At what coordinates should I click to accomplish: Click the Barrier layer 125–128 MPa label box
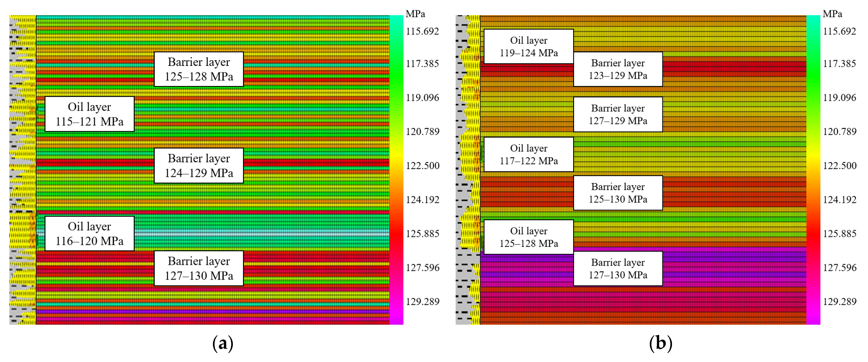(199, 69)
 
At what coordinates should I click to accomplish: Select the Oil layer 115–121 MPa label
(89, 114)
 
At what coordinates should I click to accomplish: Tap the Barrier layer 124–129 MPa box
(199, 165)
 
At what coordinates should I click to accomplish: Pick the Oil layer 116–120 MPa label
(89, 234)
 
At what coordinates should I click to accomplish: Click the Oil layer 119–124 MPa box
(528, 46)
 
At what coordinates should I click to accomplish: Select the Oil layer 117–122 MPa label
(528, 154)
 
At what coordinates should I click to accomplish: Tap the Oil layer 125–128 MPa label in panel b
(528, 237)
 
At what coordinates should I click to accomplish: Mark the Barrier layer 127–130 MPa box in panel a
(199, 268)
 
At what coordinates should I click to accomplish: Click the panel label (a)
(222, 343)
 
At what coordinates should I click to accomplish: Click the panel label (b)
(661, 343)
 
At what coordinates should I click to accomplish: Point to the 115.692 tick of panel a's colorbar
(422, 31)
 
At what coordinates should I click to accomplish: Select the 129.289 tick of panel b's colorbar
(839, 301)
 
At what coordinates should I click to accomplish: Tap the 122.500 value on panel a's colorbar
(422, 165)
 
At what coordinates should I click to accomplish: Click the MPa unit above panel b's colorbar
(832, 14)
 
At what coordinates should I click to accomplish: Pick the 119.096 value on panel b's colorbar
(839, 97)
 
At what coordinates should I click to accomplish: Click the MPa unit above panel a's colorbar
(415, 14)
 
